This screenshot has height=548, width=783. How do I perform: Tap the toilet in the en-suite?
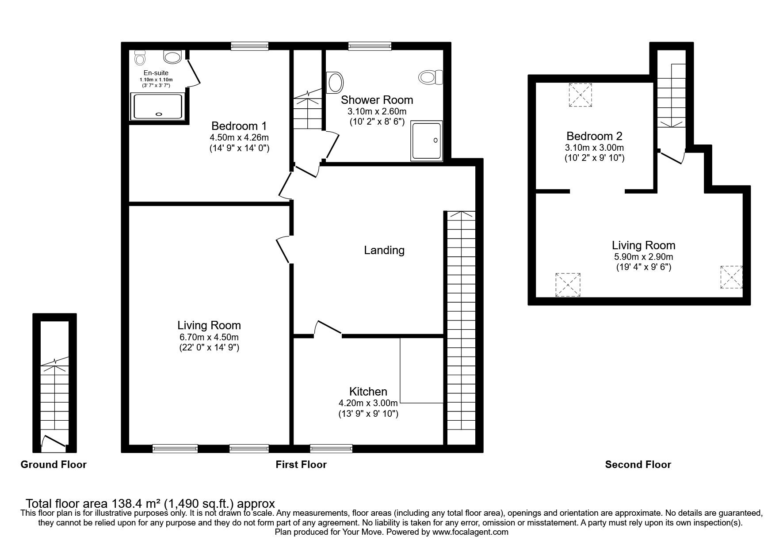tap(140, 57)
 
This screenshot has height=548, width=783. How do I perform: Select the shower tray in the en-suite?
tap(157, 107)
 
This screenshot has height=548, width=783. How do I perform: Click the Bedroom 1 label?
tap(239, 125)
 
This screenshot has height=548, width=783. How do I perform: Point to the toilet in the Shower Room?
tap(430, 77)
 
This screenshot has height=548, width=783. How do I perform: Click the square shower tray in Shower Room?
tap(427, 141)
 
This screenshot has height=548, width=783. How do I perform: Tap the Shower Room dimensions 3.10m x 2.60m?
tap(374, 111)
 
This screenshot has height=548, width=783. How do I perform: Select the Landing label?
tap(384, 250)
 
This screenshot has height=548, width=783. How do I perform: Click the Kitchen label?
tap(368, 392)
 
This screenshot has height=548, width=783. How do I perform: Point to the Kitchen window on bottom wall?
tap(332, 449)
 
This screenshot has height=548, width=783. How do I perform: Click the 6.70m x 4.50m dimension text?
tap(209, 337)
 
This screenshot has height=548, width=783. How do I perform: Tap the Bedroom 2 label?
tap(595, 136)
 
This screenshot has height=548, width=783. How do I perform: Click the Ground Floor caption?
tap(53, 464)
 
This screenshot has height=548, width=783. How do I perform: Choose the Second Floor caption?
tap(638, 464)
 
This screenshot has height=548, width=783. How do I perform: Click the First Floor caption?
tap(301, 464)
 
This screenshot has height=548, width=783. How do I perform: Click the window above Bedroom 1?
tap(250, 46)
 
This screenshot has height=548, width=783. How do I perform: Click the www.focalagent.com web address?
tap(470, 532)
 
